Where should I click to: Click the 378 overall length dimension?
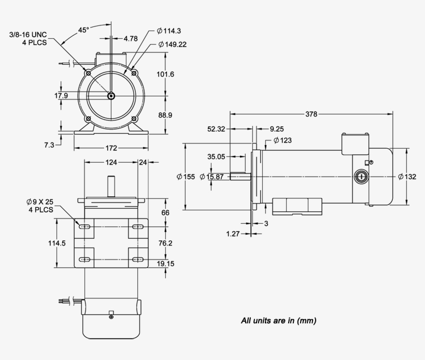pos(311,114)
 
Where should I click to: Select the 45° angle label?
pos(84,30)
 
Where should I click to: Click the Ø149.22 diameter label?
pos(172,45)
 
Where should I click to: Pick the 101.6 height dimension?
pos(165,75)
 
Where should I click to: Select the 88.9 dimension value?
pos(165,115)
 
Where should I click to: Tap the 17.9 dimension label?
pos(47,96)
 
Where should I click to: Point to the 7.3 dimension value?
pos(49,145)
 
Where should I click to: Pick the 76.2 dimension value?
pos(165,243)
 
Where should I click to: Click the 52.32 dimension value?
pos(216,129)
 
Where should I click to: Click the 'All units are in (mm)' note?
pos(279,321)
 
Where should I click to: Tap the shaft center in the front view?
pos(111,95)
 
